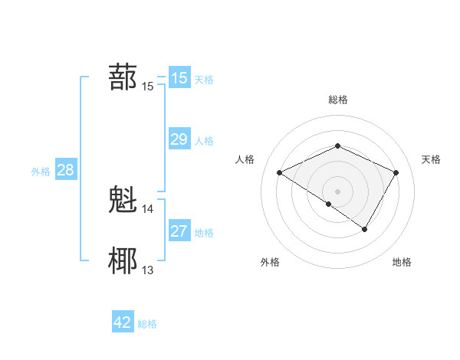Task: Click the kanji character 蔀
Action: pos(123,77)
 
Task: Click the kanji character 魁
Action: pos(123,200)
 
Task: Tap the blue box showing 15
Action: pos(179,78)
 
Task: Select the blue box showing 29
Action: pos(179,139)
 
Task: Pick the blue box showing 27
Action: pos(179,231)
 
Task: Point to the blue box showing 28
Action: pos(65,170)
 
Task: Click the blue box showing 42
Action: pos(123,322)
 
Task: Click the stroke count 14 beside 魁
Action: pos(148,208)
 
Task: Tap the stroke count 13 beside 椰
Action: pos(148,270)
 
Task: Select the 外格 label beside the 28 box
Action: pos(41,172)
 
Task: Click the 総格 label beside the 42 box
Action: pos(147,324)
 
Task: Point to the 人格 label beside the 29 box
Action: pos(205,141)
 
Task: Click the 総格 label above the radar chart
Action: pos(337,100)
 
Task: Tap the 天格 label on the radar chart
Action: pos(431,159)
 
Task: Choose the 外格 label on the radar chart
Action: pos(270,263)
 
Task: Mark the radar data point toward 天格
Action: pos(396,172)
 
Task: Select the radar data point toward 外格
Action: pos(329,204)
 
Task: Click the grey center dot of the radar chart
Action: pos(337,191)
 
